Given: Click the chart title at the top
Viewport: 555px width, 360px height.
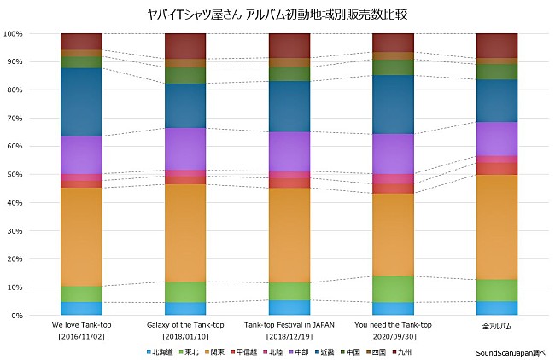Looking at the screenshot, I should [277, 14].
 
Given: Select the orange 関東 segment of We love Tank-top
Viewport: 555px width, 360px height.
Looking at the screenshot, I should [81, 236].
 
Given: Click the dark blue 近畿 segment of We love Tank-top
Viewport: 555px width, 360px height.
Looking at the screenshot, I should [81, 102].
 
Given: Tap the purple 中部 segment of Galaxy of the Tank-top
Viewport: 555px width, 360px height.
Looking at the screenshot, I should [185, 148].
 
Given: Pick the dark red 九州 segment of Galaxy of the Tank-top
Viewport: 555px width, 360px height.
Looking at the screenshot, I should [185, 46].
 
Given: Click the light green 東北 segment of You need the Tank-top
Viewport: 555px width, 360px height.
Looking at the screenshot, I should [393, 288].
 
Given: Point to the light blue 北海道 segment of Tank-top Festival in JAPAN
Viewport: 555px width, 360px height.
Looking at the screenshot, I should [289, 307].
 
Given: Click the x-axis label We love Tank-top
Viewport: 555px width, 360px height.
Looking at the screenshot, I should [81, 325].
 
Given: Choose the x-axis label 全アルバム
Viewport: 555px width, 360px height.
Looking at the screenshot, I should [496, 326].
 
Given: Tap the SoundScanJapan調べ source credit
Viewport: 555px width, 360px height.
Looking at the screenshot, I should [511, 351].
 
